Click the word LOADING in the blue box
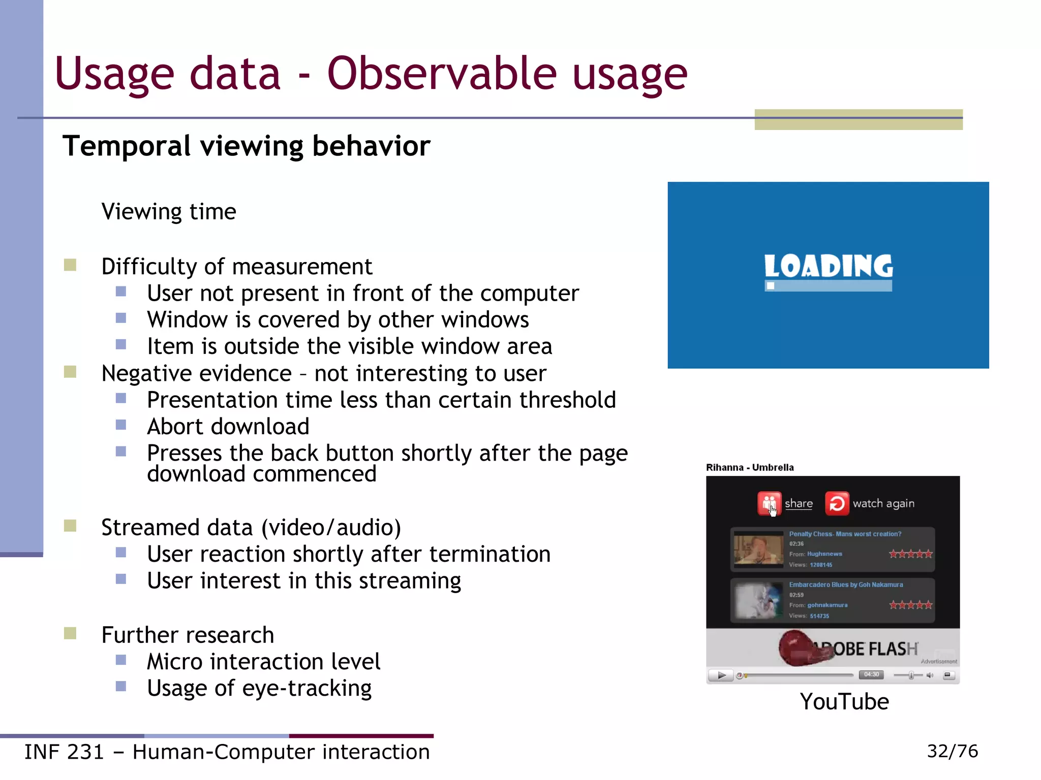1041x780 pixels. pos(828,266)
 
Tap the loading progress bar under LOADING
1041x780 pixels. pos(828,286)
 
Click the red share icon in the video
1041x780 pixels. pos(769,503)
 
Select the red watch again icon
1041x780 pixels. pos(837,503)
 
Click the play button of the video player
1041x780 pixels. pos(721,675)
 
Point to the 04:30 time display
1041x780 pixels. pos(871,675)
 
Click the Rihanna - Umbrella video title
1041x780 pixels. pos(750,467)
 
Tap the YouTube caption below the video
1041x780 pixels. pos(844,702)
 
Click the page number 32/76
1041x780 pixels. pos(952,751)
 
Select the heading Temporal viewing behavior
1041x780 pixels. pos(247,146)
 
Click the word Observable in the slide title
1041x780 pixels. pos(442,74)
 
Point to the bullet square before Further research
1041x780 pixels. pos(70,633)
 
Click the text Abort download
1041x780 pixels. pos(228,427)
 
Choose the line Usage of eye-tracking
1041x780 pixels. pos(259,689)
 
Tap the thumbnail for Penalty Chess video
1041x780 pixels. pos(758,549)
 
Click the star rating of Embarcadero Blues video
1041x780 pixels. pos(910,605)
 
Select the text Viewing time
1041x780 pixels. pos(169,212)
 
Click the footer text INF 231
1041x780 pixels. pos(64,752)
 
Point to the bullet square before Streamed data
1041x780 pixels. pos(70,526)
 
